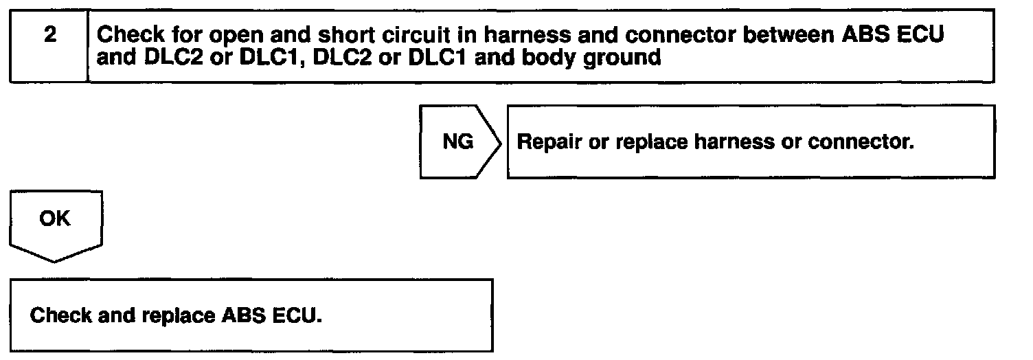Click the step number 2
click(49, 36)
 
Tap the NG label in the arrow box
click(458, 142)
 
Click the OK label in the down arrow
click(54, 219)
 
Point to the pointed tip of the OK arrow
click(55, 260)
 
